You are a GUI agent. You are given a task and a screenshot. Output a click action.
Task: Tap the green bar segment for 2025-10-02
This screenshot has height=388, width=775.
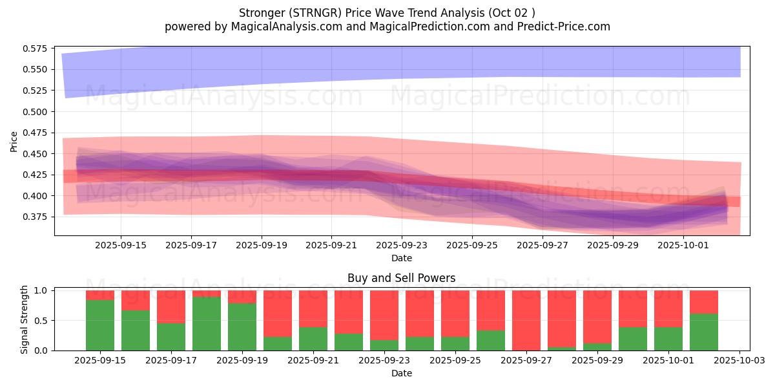point(704,332)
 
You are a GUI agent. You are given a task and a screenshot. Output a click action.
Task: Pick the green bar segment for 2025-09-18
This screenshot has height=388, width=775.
point(207,323)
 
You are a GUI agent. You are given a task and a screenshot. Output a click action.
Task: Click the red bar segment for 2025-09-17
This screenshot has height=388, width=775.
point(171,307)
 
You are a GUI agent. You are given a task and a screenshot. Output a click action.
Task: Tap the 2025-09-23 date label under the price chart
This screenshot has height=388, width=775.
point(402,246)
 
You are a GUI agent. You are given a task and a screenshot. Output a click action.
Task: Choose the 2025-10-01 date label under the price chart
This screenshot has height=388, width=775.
point(683,246)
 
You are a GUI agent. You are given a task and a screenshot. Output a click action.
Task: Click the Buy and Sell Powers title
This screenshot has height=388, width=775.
point(401,279)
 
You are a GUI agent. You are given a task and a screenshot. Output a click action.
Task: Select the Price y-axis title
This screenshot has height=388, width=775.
point(14,142)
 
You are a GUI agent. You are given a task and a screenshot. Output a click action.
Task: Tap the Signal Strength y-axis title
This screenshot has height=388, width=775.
point(25,319)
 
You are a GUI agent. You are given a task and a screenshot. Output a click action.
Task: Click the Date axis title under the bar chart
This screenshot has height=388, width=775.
point(401,373)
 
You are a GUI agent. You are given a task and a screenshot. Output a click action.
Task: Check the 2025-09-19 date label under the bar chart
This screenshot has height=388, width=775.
point(242,360)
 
